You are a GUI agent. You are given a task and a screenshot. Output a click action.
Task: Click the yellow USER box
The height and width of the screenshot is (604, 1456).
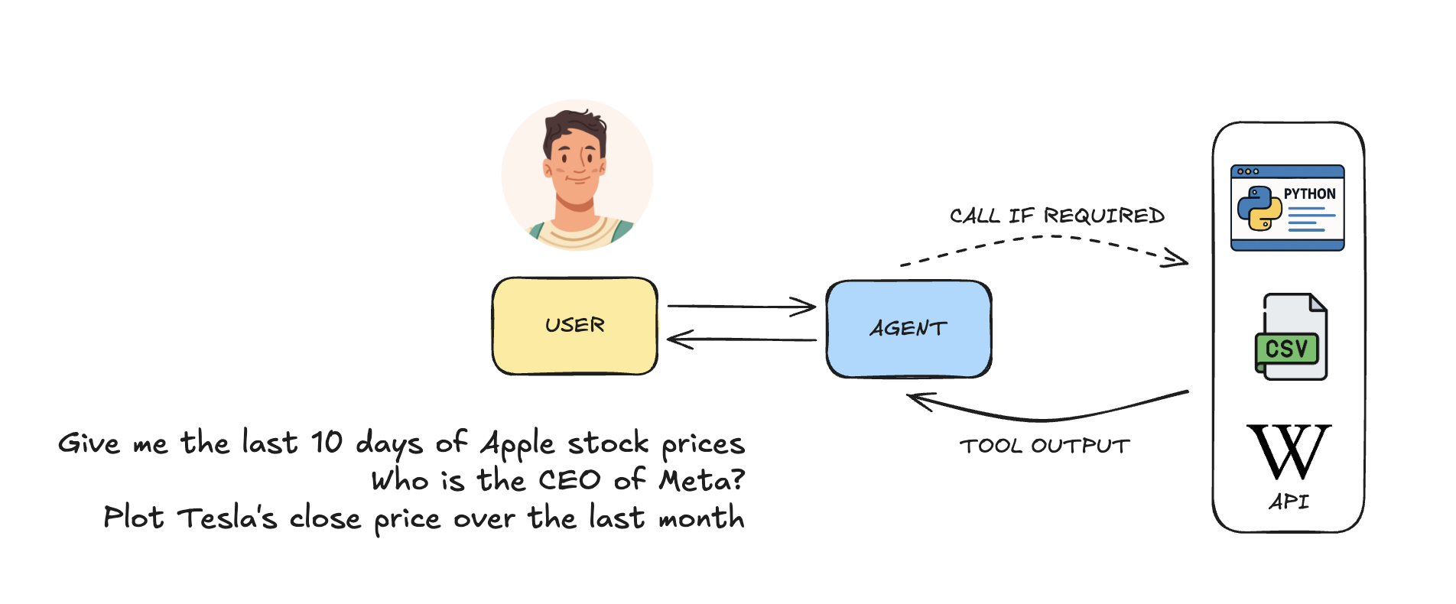coord(575,326)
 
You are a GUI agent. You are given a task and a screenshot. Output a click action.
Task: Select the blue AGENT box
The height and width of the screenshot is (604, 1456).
coord(908,329)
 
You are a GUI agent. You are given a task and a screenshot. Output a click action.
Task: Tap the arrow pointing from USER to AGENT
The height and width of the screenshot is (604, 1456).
coord(741,307)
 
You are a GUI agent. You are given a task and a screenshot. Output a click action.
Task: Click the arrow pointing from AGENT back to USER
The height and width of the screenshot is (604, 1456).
coord(741,339)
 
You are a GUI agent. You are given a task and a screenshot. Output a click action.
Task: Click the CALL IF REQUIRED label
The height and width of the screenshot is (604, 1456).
coord(1057,216)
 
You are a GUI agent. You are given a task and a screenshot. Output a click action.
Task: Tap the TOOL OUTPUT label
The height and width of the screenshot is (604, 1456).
coord(1045,446)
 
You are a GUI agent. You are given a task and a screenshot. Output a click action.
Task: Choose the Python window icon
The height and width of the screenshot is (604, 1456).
coord(1287,208)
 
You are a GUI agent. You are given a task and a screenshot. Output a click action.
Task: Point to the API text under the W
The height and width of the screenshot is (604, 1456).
coord(1289,502)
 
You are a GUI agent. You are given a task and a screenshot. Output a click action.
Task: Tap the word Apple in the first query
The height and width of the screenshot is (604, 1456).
coord(518,444)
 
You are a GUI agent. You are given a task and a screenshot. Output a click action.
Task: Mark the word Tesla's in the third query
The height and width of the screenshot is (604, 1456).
coord(227,518)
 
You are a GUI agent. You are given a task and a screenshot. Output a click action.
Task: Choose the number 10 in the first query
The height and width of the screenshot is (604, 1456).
coord(327,443)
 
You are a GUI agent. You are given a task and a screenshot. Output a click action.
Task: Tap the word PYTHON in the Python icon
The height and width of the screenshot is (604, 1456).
coord(1309,194)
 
